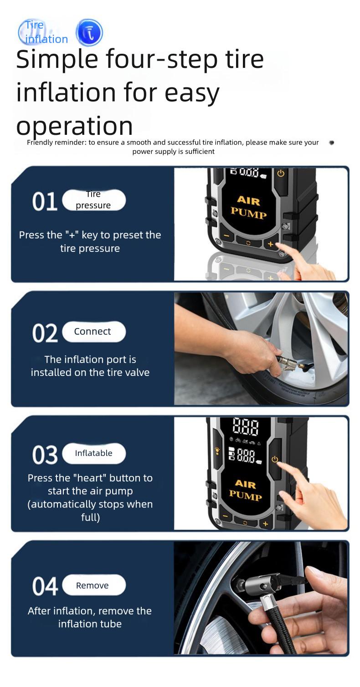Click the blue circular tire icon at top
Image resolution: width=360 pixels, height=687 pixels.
click(89, 33)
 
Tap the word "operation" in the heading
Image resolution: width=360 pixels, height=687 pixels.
click(74, 125)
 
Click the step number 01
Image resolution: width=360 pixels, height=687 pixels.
click(44, 202)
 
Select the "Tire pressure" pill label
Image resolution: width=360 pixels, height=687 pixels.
click(93, 200)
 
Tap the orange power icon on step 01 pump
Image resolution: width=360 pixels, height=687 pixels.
click(281, 174)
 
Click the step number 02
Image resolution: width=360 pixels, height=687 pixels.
click(45, 333)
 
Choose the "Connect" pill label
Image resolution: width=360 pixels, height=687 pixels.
click(93, 332)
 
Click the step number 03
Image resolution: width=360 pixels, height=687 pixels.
click(45, 455)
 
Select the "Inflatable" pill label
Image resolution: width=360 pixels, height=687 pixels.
click(93, 453)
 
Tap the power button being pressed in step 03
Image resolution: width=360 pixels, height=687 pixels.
click(275, 459)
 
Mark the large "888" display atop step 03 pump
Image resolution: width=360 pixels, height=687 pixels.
click(246, 427)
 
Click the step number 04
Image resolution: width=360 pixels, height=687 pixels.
click(45, 586)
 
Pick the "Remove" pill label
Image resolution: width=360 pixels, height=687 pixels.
click(93, 585)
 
